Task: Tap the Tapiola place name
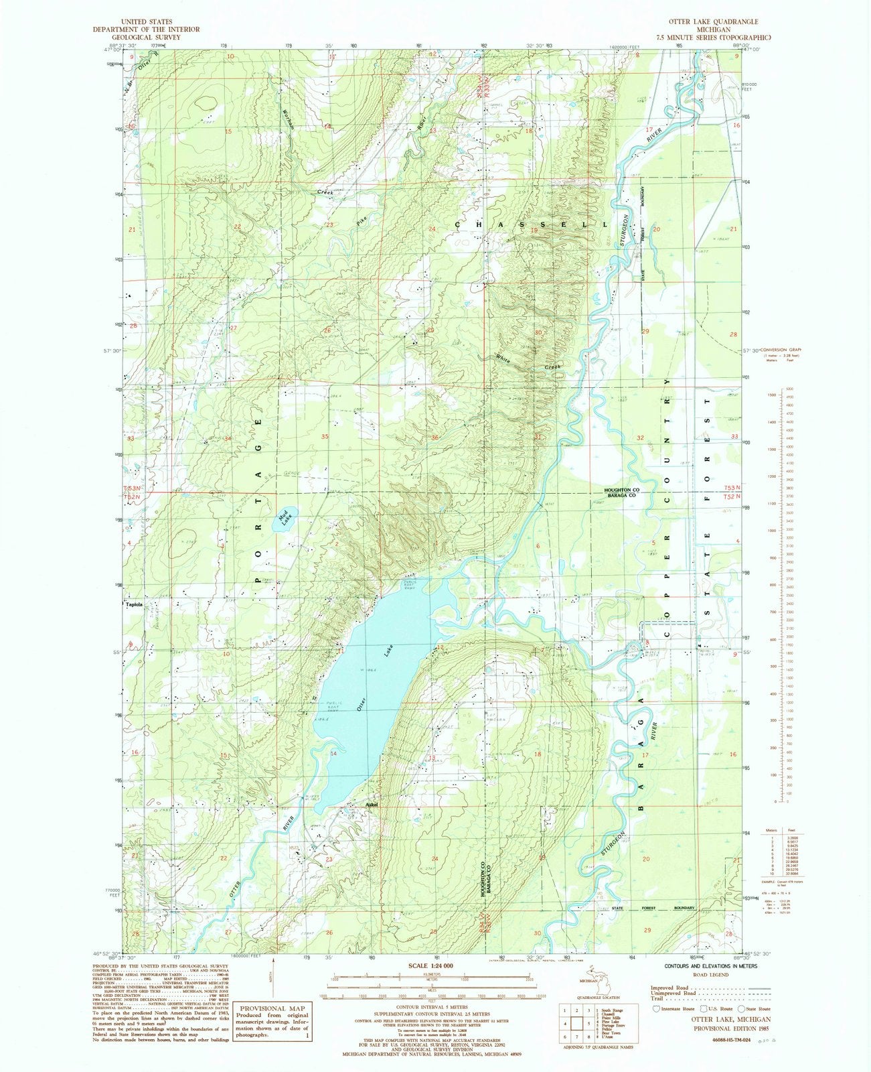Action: pyautogui.click(x=134, y=604)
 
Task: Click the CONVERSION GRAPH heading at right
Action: pyautogui.click(x=780, y=350)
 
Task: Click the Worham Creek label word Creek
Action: pyautogui.click(x=325, y=192)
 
